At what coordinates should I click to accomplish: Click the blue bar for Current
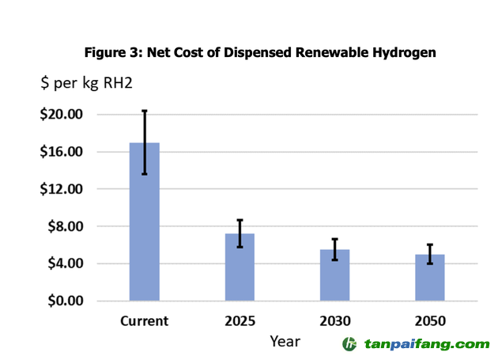click(x=145, y=229)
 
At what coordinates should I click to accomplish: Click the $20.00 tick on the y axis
click(x=61, y=115)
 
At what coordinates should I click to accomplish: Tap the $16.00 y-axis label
click(x=61, y=152)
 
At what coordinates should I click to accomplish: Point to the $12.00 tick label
click(x=61, y=189)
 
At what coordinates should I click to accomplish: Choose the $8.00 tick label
click(x=64, y=226)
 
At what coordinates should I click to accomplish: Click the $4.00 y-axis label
click(x=64, y=263)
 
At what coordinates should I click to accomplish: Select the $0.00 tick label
click(x=64, y=301)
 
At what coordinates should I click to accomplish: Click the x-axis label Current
click(x=145, y=321)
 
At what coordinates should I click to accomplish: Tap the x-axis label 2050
click(x=430, y=321)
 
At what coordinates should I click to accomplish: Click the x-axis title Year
click(x=285, y=341)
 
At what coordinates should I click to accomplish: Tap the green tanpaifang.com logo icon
click(x=350, y=344)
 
